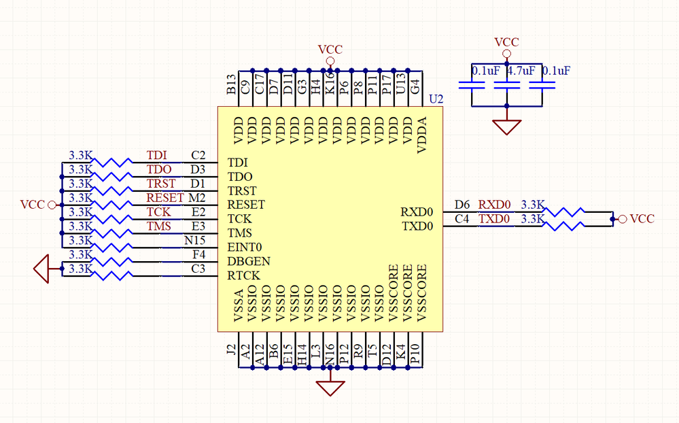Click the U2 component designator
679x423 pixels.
[x=436, y=99]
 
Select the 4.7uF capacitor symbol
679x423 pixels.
[x=507, y=86]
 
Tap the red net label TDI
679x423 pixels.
[x=157, y=156]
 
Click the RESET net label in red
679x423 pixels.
[x=165, y=198]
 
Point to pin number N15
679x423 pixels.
[x=195, y=240]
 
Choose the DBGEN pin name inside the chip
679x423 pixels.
[x=249, y=261]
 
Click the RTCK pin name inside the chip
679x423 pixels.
[x=244, y=275]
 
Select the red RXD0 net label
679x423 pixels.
[x=494, y=204]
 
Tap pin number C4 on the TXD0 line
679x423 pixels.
[x=462, y=218]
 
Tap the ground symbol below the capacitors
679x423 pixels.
[x=507, y=127]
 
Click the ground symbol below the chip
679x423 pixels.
[x=330, y=388]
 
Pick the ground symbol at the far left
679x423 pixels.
[x=42, y=269]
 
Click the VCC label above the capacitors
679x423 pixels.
[x=507, y=42]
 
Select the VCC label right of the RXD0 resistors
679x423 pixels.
[x=642, y=219]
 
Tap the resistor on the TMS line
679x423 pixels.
[x=113, y=233]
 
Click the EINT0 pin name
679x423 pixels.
[x=245, y=247]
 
